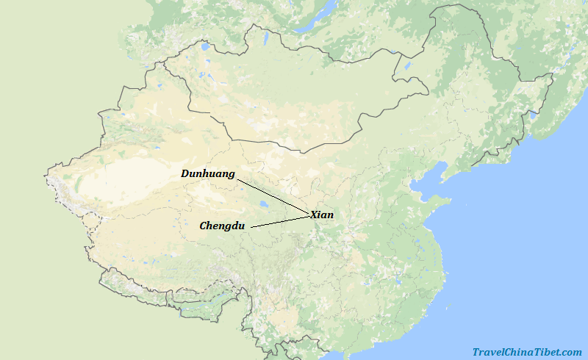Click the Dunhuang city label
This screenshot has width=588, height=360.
(x=208, y=174)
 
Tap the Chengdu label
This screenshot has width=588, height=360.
(x=222, y=226)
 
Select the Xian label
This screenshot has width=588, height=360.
(x=322, y=215)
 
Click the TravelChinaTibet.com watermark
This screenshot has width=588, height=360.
(x=526, y=352)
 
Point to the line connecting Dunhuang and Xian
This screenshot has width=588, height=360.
(x=272, y=195)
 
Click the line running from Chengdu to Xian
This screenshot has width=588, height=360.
(x=279, y=221)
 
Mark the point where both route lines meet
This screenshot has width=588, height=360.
(x=309, y=215)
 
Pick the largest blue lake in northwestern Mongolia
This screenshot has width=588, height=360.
(x=204, y=47)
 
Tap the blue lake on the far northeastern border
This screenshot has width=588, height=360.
(x=531, y=114)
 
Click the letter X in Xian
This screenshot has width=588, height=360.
(x=314, y=215)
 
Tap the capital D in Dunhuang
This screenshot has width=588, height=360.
(x=185, y=174)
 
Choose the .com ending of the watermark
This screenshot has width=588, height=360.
(x=570, y=352)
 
